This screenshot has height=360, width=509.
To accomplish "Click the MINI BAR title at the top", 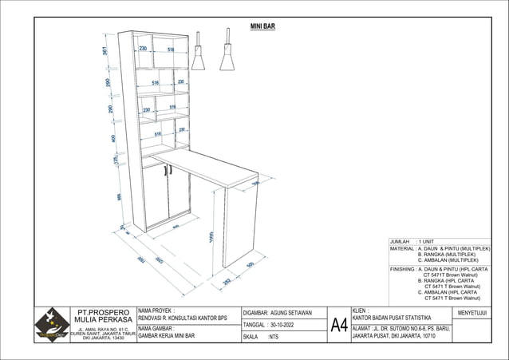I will tap(262, 26).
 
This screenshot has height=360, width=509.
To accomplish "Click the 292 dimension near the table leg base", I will tap(227, 281).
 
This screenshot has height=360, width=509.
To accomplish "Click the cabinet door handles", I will tap(168, 169).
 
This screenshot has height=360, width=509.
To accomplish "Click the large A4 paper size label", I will tap(339, 325).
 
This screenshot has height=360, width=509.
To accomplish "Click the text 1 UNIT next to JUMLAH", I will tap(425, 241).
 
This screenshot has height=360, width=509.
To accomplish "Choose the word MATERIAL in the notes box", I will tap(401, 248).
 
